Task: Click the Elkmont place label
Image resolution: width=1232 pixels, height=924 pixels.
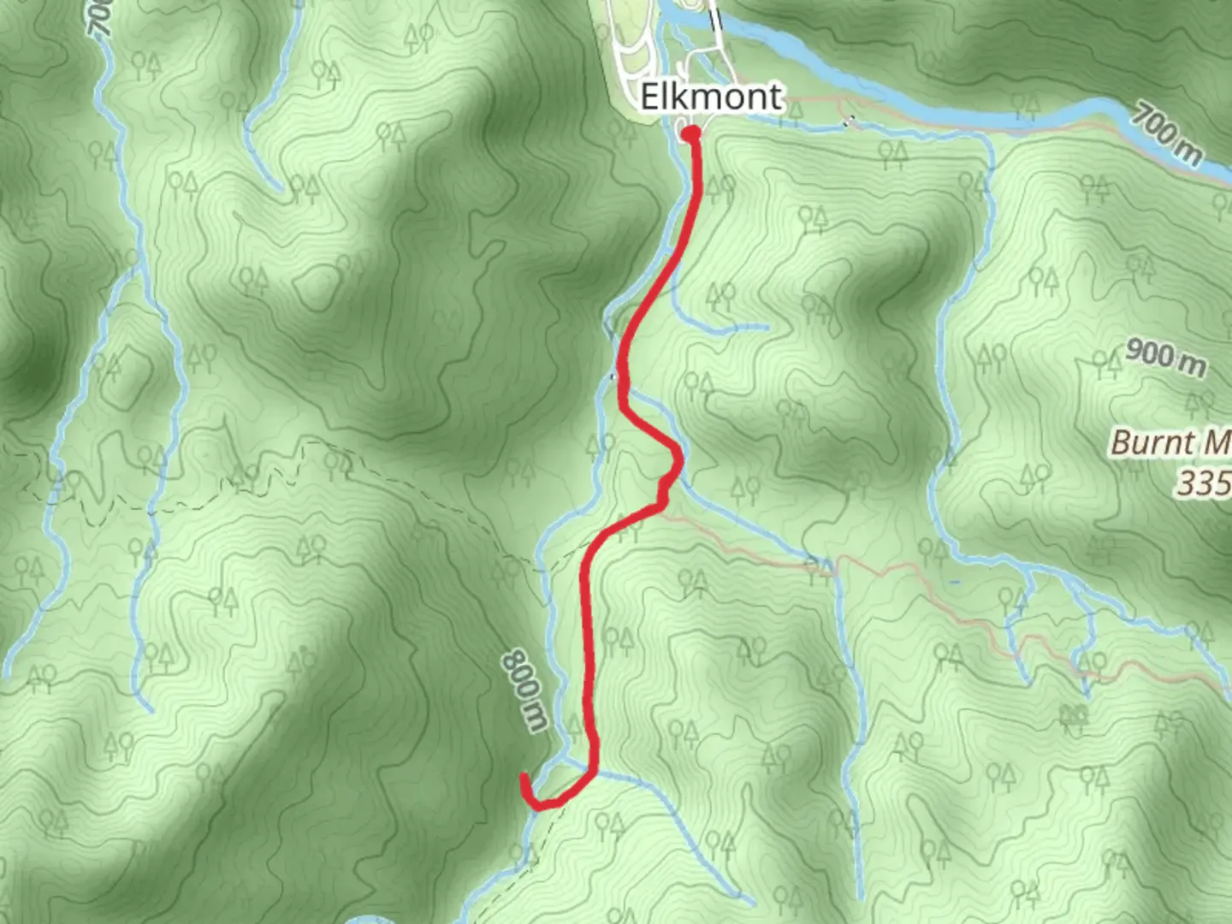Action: (711, 96)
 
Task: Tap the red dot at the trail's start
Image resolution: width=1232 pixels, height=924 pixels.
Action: (690, 133)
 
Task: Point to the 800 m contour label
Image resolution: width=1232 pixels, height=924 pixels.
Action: (524, 690)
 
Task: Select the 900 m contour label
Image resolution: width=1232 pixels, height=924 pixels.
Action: (1165, 357)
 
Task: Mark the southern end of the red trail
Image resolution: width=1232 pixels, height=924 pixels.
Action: (524, 777)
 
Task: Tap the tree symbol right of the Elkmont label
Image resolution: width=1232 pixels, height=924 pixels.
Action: (795, 108)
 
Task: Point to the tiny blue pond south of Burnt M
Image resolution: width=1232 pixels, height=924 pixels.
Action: (956, 583)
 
